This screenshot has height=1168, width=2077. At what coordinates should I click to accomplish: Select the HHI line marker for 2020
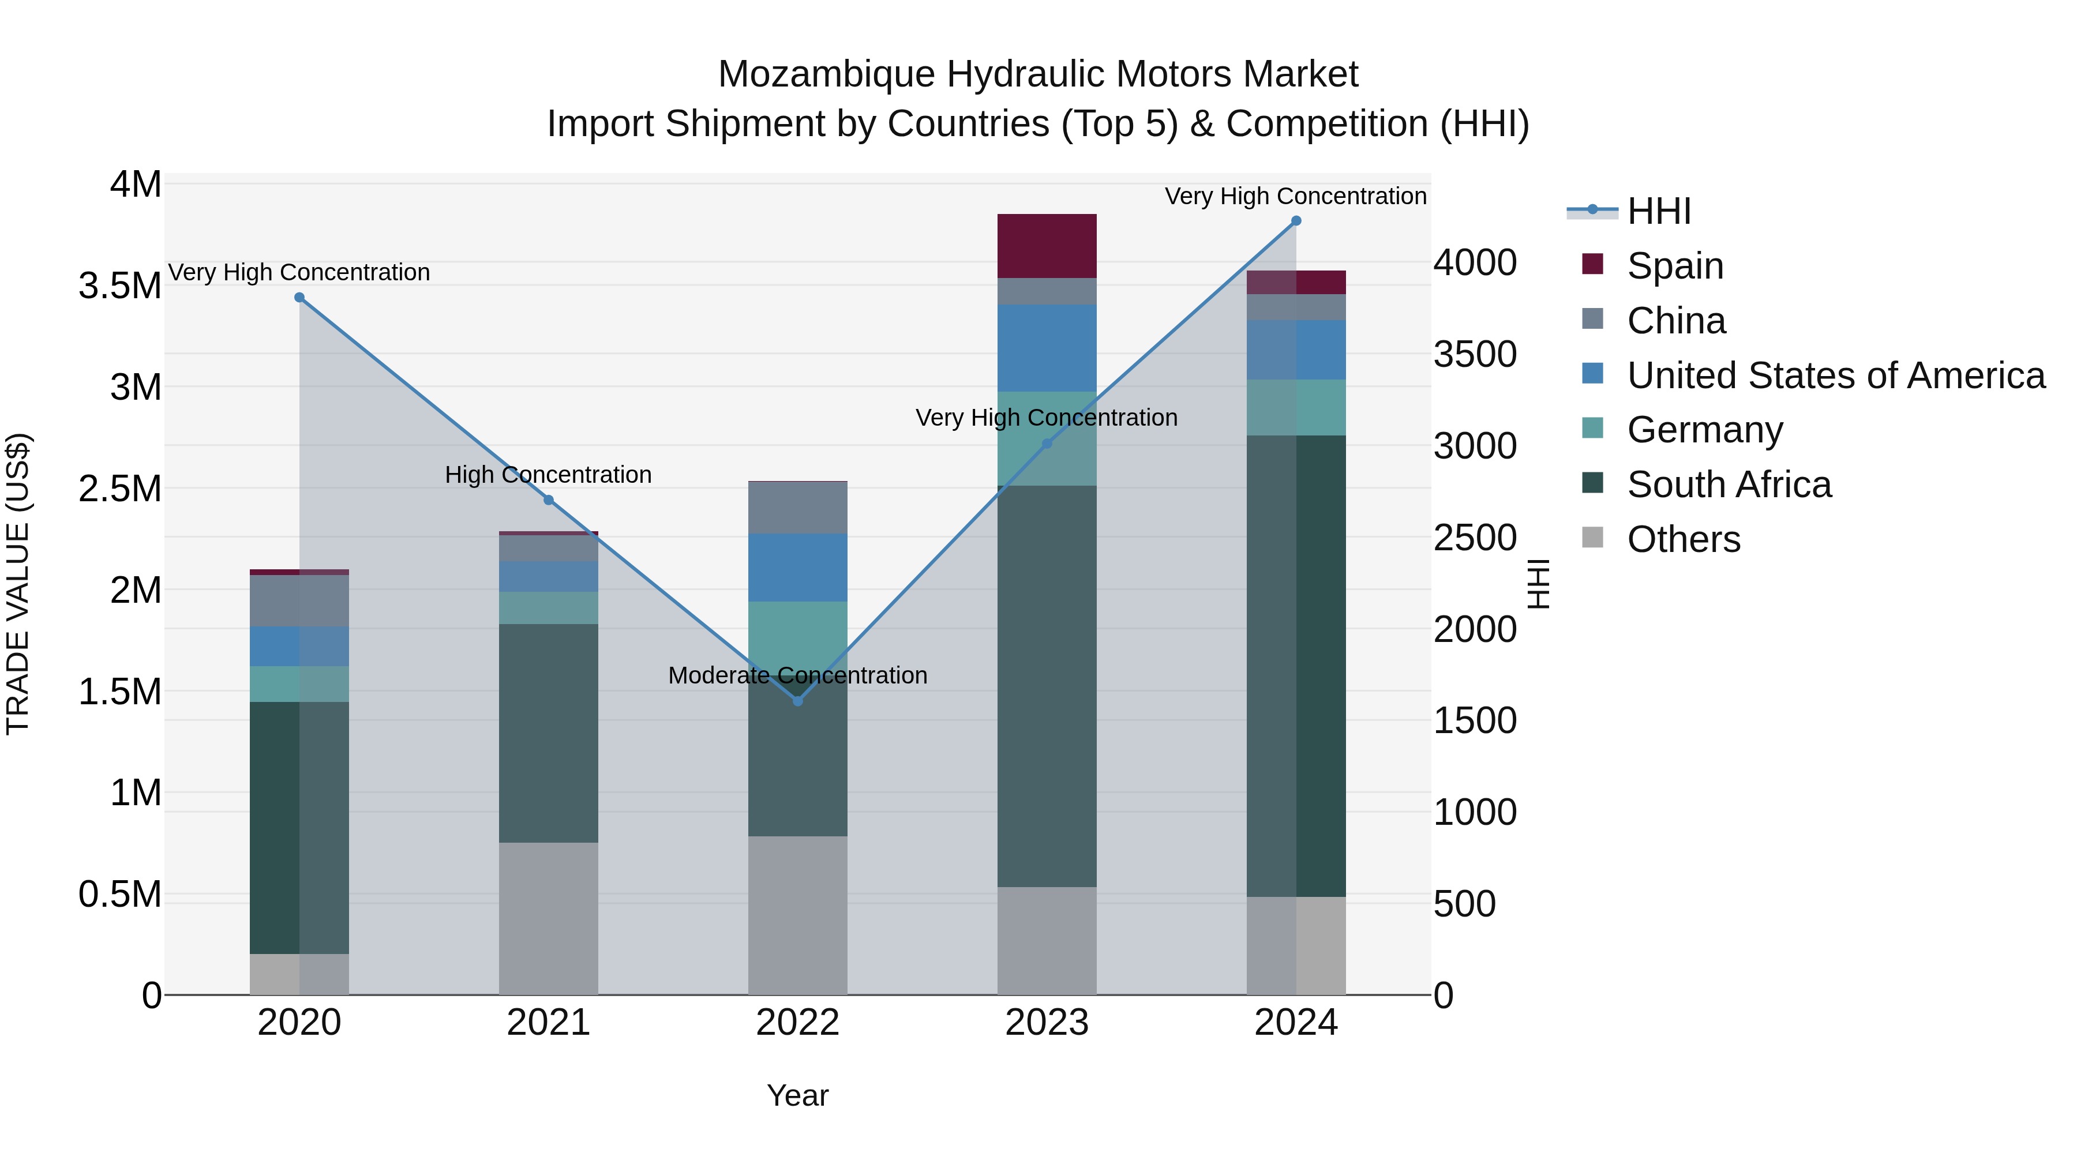pos(299,298)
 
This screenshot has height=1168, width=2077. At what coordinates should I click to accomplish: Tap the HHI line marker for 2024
pos(1296,221)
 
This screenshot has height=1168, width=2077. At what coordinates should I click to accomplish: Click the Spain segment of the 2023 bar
pos(1047,246)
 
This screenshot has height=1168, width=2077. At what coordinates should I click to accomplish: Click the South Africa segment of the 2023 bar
pos(1047,686)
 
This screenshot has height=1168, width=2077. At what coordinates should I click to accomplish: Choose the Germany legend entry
pos(1704,430)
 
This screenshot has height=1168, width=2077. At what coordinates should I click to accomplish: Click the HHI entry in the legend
pos(1659,211)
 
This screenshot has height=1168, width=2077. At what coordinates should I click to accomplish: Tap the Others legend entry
pos(1683,539)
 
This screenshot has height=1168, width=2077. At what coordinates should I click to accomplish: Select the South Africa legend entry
pos(1728,485)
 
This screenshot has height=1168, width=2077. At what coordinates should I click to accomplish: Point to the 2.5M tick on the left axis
pos(120,489)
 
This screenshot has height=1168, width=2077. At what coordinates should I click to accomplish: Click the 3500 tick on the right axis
pos(1475,354)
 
